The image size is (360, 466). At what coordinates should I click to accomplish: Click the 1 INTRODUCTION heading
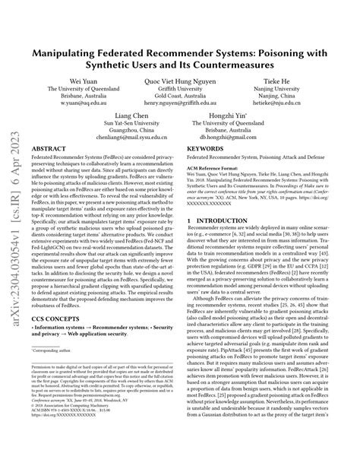pyautogui.click(x=221, y=264)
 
